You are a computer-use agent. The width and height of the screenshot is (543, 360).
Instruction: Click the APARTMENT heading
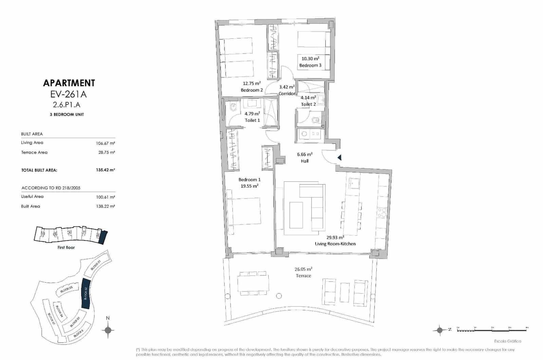pyautogui.click(x=69, y=83)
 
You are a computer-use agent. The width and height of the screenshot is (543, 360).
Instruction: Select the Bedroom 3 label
pyautogui.click(x=310, y=65)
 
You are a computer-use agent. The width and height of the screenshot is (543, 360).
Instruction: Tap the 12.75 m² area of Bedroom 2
pyautogui.click(x=251, y=83)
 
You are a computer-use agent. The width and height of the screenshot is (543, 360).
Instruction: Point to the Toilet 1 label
pyautogui.click(x=252, y=120)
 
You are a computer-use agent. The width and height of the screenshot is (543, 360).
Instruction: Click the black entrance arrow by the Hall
pyautogui.click(x=339, y=157)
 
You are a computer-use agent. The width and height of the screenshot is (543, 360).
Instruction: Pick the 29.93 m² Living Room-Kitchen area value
pyautogui.click(x=335, y=238)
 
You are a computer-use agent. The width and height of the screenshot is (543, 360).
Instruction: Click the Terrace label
pyautogui.click(x=303, y=276)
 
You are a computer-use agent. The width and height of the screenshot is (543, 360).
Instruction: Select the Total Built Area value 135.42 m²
pyautogui.click(x=105, y=170)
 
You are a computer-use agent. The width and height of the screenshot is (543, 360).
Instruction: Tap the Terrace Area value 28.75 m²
pyautogui.click(x=106, y=153)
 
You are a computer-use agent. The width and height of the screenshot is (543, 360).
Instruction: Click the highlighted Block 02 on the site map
pyautogui.click(x=86, y=293)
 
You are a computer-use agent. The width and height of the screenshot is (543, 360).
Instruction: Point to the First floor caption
pyautogui.click(x=66, y=248)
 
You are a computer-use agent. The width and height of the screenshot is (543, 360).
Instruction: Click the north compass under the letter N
pyautogui.click(x=108, y=330)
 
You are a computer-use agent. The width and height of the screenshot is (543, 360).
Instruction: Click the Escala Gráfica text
pyautogui.click(x=507, y=341)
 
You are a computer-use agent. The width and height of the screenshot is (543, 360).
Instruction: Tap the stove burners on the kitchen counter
pyautogui.click(x=382, y=212)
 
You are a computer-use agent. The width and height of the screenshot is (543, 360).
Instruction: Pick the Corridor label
pyautogui.click(x=287, y=94)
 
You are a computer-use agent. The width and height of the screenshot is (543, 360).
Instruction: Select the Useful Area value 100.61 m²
pyautogui.click(x=105, y=197)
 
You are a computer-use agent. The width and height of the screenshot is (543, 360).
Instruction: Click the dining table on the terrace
pyautogui.click(x=253, y=284)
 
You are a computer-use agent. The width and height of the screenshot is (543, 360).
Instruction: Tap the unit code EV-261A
pyautogui.click(x=69, y=94)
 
